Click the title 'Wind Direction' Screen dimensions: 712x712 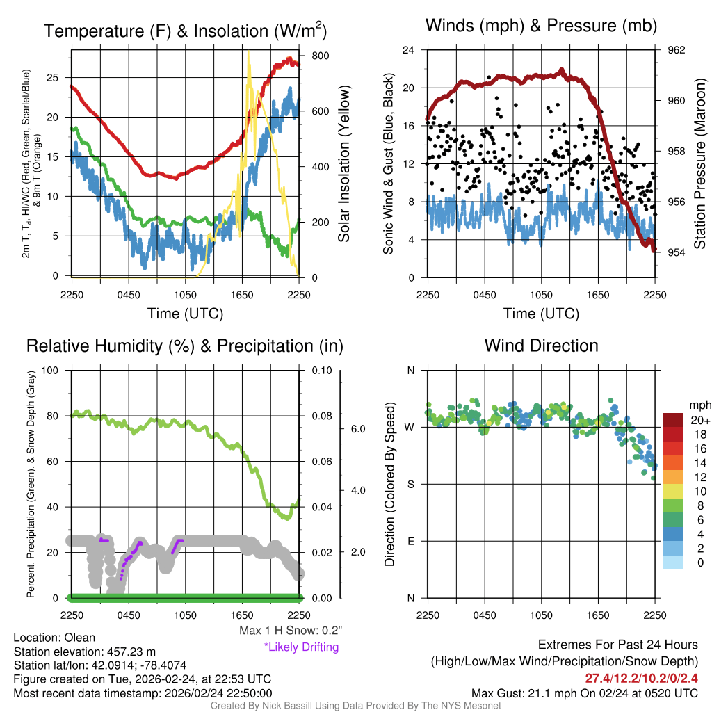pyautogui.click(x=541, y=346)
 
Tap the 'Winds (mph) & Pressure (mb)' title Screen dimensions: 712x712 pyautogui.click(x=541, y=26)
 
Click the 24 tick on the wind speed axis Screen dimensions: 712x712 pyautogui.click(x=409, y=50)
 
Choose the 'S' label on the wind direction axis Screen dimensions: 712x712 pyautogui.click(x=410, y=484)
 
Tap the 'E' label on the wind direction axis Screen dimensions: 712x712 pyautogui.click(x=410, y=541)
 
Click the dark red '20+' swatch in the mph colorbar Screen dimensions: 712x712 pyautogui.click(x=674, y=421)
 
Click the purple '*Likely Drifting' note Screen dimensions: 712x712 pyautogui.click(x=300, y=647)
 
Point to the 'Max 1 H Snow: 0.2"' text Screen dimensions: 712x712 pyautogui.click(x=290, y=631)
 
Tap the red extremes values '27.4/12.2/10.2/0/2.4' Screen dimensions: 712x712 pyautogui.click(x=640, y=678)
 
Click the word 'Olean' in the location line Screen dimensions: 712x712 pyautogui.click(x=80, y=638)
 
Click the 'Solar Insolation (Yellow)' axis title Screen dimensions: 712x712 pyautogui.click(x=344, y=164)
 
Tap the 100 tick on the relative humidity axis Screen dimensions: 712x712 pyautogui.click(x=51, y=370)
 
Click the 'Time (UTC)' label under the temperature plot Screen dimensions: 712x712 pyautogui.click(x=185, y=314)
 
